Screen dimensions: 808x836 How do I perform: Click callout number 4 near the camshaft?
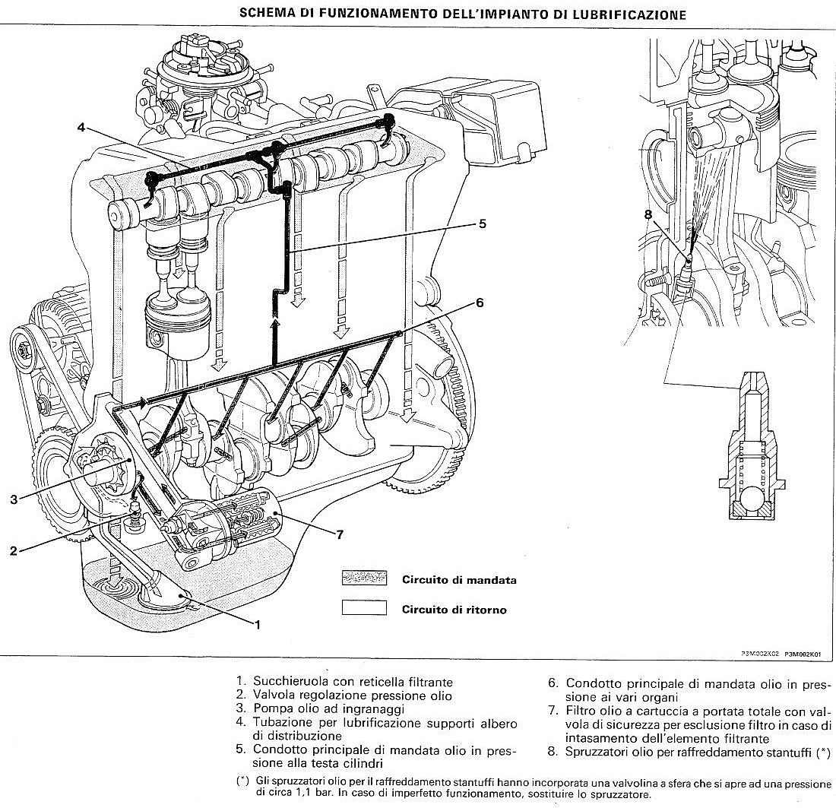81,127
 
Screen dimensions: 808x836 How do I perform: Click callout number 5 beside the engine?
482,224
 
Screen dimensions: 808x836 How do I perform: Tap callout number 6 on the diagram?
479,303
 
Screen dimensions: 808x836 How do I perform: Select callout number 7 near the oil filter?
340,534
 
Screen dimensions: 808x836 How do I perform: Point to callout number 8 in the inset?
648,214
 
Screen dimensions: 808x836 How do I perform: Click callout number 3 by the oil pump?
14,499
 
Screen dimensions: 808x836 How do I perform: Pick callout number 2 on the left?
13,551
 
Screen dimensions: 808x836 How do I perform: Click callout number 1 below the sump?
258,625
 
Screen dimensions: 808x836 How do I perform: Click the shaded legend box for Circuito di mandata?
364,579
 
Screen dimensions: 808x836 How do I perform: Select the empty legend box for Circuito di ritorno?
364,608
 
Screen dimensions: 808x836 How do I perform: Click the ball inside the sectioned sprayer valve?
752,501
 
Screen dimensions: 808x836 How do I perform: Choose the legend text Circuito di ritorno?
454,609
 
